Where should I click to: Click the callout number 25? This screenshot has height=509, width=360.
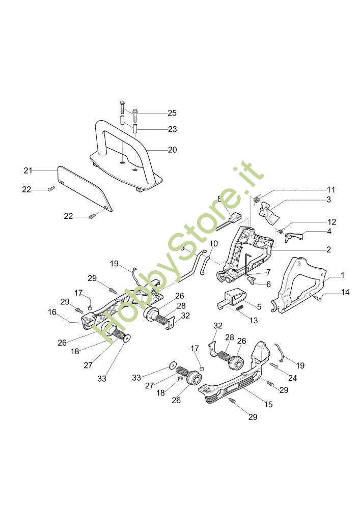[172, 112]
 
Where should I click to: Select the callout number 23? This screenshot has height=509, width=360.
[172, 129]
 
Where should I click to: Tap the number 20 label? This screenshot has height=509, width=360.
[172, 150]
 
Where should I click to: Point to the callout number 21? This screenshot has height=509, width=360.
[28, 169]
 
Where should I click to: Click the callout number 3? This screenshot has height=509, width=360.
[329, 200]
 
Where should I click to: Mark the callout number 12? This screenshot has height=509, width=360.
[331, 222]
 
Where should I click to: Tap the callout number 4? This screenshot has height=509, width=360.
[329, 231]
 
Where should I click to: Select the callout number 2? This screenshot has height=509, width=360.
[329, 249]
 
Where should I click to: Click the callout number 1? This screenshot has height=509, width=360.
[343, 275]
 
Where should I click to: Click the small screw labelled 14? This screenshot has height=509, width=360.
[317, 298]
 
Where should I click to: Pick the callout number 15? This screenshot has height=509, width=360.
[268, 405]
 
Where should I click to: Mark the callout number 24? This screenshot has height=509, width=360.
[292, 378]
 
